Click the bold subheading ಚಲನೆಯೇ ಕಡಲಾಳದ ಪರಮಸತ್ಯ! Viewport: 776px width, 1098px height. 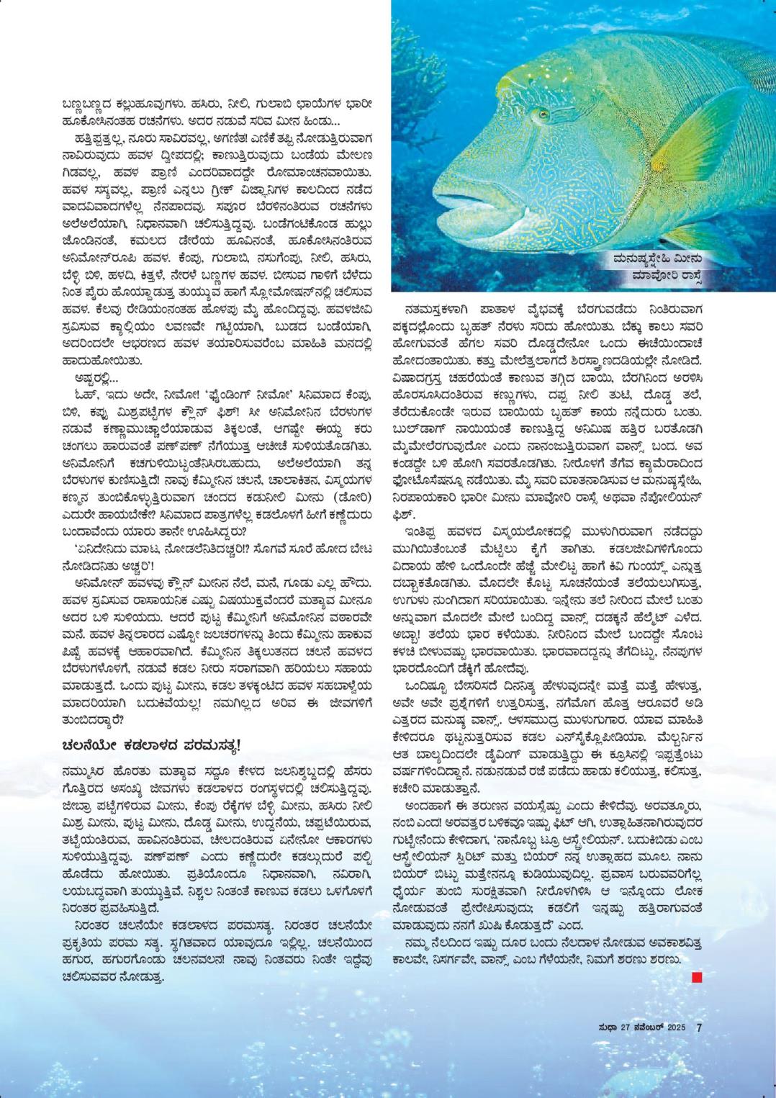(151, 744)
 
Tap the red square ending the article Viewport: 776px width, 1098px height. (696, 977)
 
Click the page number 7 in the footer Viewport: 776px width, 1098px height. (699, 1027)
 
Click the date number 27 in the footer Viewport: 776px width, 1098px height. (628, 1028)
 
